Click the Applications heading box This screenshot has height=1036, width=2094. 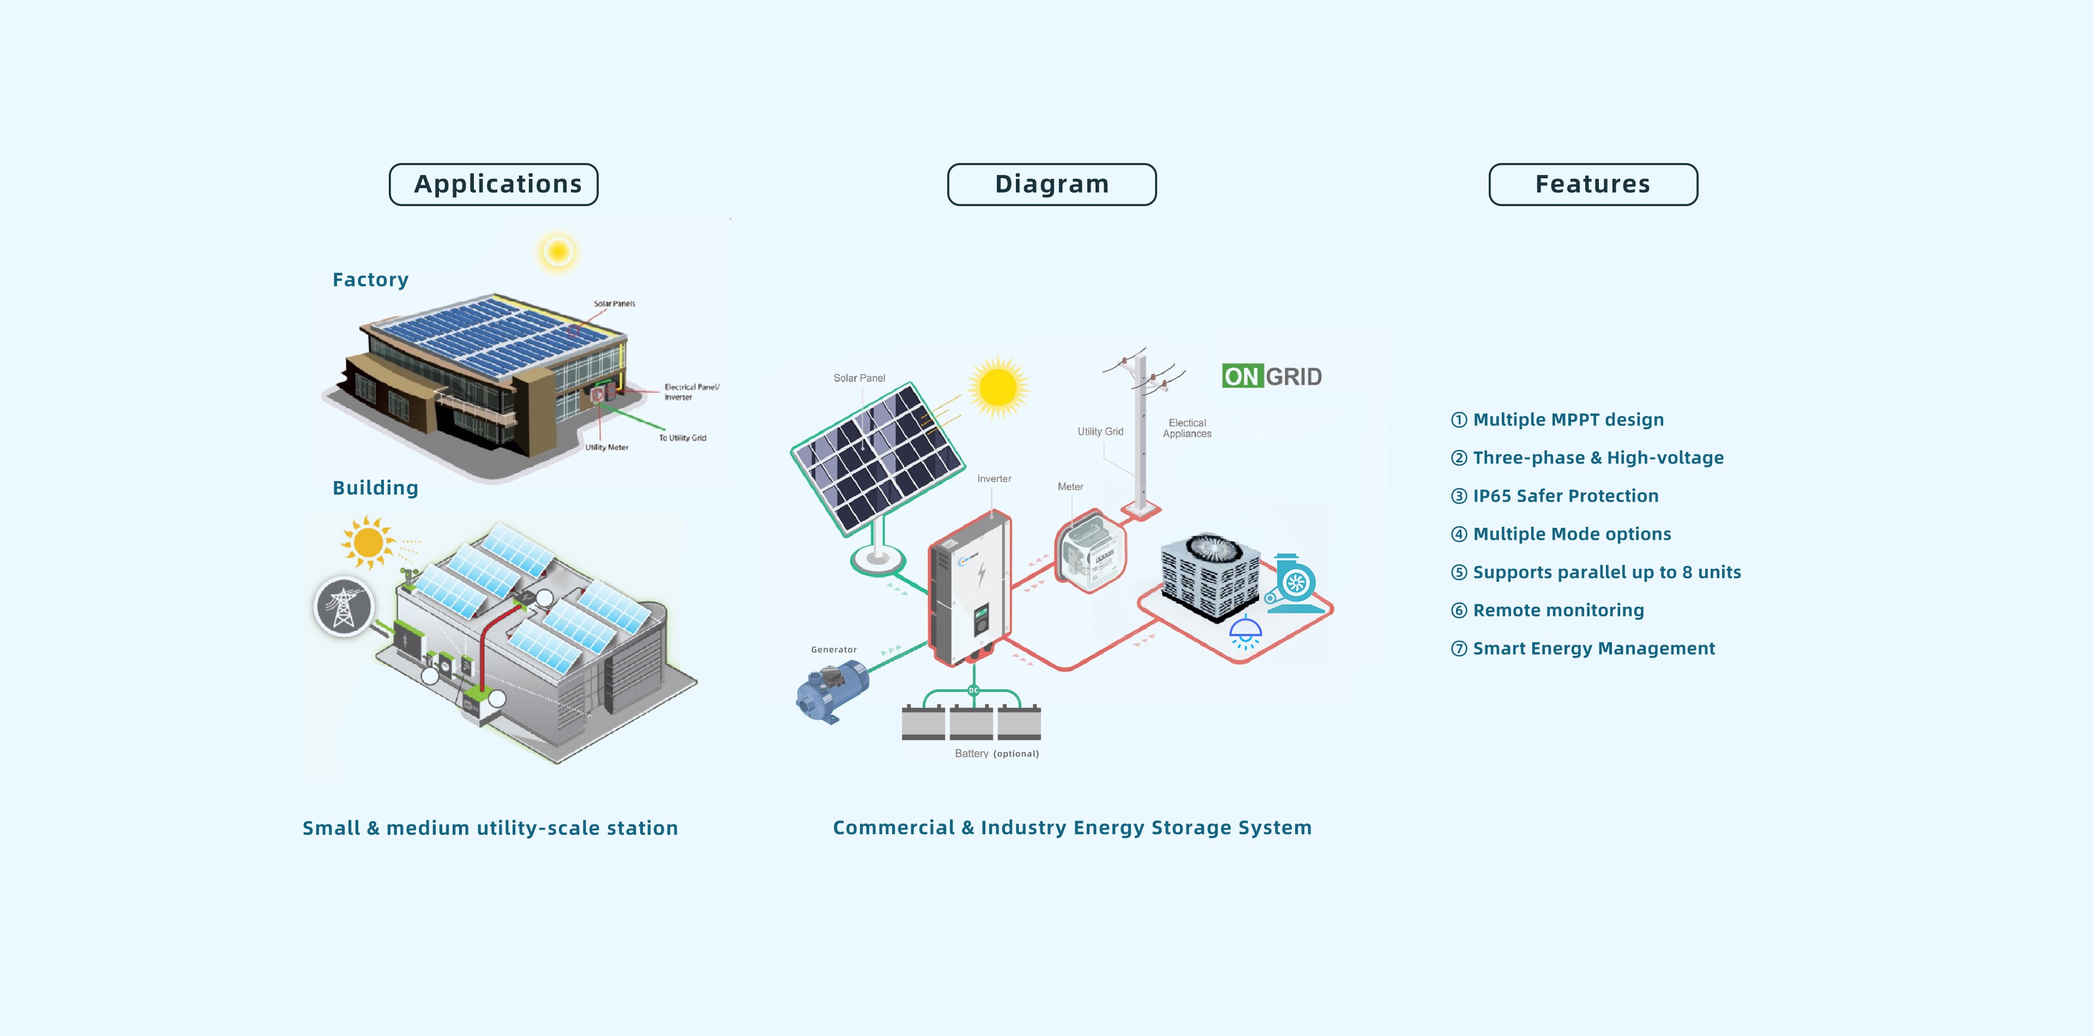click(494, 184)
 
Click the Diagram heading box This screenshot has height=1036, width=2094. click(1052, 184)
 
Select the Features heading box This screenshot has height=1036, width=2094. click(1593, 184)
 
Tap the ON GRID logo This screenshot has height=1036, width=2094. click(1272, 376)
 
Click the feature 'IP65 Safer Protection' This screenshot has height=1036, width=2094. click(1555, 496)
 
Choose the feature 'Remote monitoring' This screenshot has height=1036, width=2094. click(1548, 610)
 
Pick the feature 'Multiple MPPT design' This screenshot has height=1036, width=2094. click(1557, 419)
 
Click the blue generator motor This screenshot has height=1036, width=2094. click(832, 691)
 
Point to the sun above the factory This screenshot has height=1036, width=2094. click(558, 251)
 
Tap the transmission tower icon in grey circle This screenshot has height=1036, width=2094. click(344, 606)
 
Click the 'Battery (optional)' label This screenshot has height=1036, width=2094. click(997, 753)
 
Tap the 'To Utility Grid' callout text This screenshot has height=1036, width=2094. click(683, 438)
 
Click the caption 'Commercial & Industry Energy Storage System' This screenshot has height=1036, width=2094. click(1072, 827)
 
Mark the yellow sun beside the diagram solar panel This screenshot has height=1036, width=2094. click(998, 386)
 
